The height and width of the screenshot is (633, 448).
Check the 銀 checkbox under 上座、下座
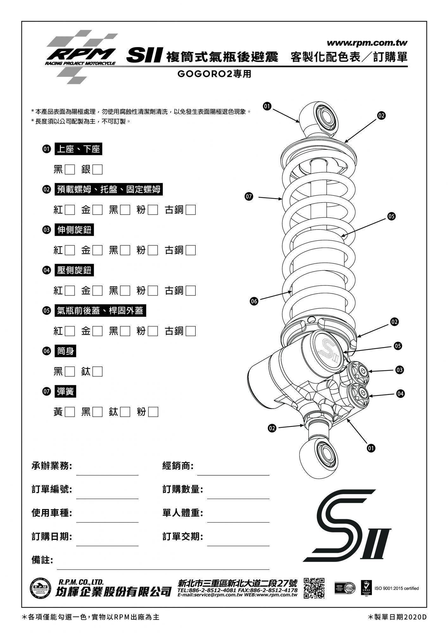pyautogui.click(x=98, y=170)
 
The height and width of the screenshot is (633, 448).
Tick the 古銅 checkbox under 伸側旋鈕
pyautogui.click(x=191, y=250)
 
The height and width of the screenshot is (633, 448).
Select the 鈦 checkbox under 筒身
pyautogui.click(x=98, y=372)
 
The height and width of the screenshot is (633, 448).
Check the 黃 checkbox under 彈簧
pyautogui.click(x=70, y=412)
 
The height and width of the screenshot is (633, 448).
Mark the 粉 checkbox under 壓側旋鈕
pyautogui.click(x=153, y=291)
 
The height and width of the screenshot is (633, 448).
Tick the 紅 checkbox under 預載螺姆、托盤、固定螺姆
pyautogui.click(x=70, y=210)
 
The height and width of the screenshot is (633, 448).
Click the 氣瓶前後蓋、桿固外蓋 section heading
pyautogui.click(x=100, y=311)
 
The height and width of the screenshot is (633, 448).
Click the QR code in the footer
pyautogui.click(x=314, y=588)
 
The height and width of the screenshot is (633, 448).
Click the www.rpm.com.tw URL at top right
pyautogui.click(x=367, y=43)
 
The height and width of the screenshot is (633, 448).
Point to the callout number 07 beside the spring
pyautogui.click(x=249, y=197)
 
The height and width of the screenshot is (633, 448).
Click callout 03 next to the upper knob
pyautogui.click(x=400, y=370)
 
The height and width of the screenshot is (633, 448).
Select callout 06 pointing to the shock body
pyautogui.click(x=254, y=301)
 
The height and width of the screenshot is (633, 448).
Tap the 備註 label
pyautogui.click(x=42, y=560)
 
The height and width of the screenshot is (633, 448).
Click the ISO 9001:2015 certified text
pyautogui.click(x=396, y=588)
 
